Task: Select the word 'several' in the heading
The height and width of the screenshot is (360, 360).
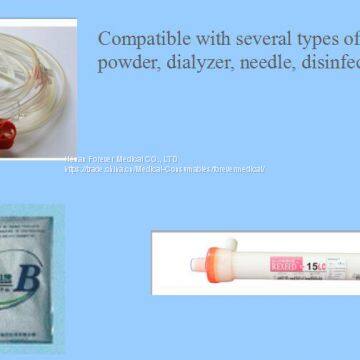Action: coord(257,39)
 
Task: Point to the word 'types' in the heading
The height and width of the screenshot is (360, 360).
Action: coord(315,40)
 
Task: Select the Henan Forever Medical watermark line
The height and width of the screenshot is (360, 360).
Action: coord(121,159)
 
